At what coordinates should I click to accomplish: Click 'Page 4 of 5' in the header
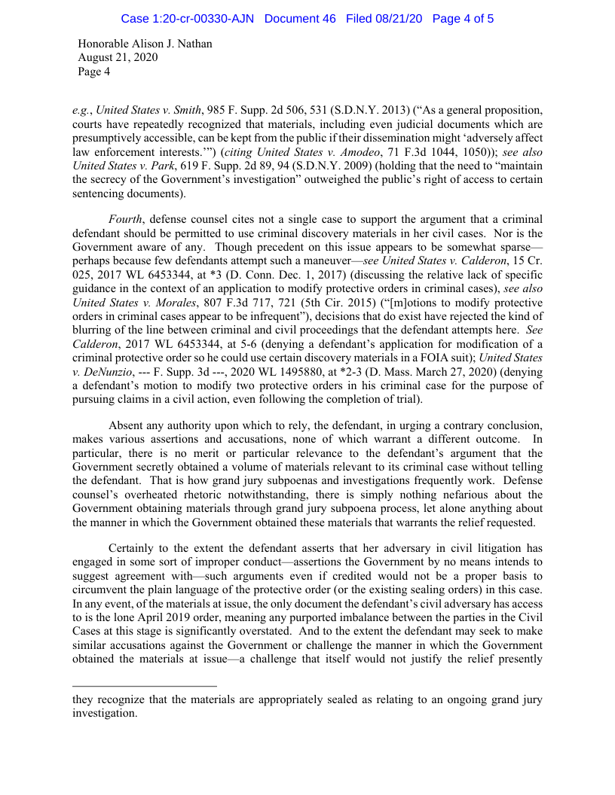464,18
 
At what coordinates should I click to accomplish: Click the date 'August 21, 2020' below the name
118,57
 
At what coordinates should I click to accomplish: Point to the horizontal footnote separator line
144,686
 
